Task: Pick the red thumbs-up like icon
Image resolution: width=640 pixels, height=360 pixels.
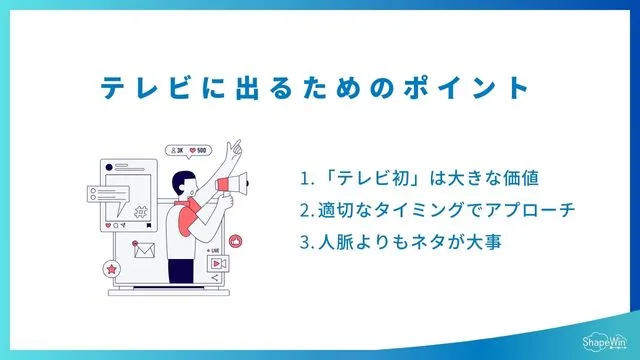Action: coord(236,242)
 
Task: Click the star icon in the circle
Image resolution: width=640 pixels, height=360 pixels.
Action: coord(112,268)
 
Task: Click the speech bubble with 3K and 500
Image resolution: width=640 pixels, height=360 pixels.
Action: coord(189,151)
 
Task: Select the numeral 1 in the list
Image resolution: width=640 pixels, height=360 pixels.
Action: coord(304,180)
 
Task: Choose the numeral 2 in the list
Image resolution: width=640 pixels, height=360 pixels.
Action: coord(304,211)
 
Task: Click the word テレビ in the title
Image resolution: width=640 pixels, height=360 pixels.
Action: coord(148,88)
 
